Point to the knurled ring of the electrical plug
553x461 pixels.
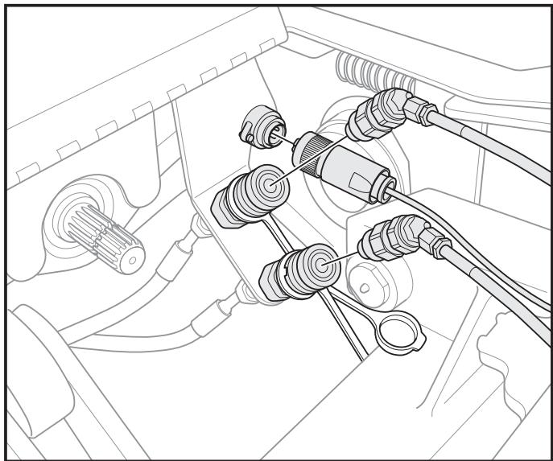point(311,150)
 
